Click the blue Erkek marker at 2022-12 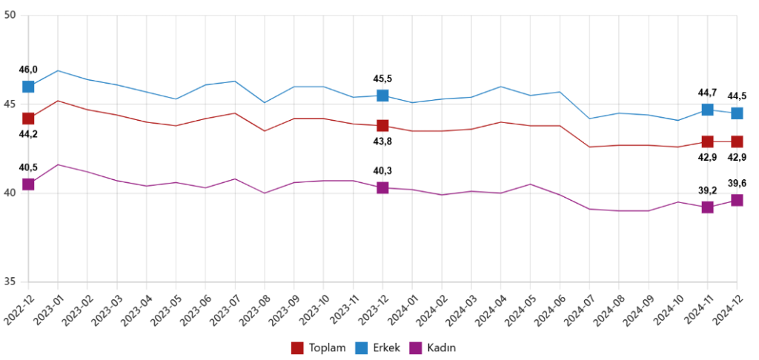tap(28, 87)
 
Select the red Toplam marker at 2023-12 tap(382, 126)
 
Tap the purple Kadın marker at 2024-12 tap(737, 200)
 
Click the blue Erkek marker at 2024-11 tap(708, 110)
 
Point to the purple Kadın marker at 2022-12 tap(28, 184)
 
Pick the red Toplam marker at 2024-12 tap(737, 141)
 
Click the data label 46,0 tap(28, 70)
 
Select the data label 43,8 tap(382, 141)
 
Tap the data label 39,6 tap(737, 184)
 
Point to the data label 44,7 tap(708, 93)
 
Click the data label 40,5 tap(28, 168)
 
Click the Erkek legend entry tap(379, 347)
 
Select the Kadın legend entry tap(436, 347)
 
